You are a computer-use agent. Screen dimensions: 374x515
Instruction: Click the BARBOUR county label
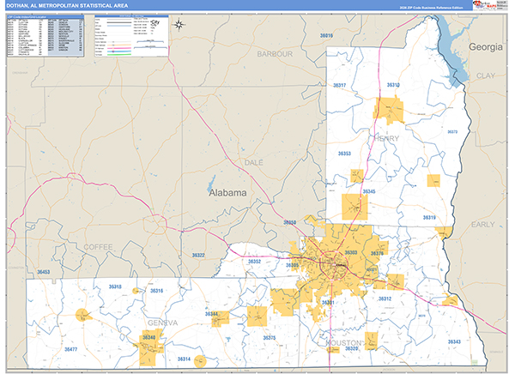(275, 54)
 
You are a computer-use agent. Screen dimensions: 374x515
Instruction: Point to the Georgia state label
(486, 47)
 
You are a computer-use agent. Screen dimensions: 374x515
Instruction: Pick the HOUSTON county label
(344, 342)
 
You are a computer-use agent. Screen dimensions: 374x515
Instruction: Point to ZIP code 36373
(452, 132)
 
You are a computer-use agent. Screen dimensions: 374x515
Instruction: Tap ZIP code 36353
(344, 154)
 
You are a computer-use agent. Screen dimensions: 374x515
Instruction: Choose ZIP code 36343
(454, 342)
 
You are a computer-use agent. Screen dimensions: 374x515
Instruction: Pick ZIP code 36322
(198, 256)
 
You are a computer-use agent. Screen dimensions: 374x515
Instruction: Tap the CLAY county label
(486, 75)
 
